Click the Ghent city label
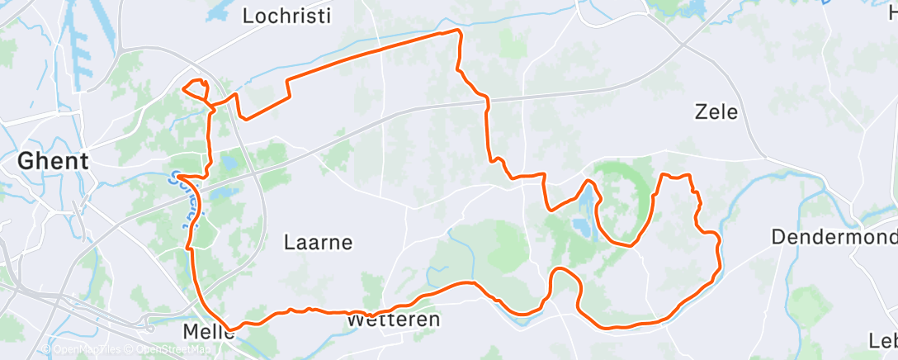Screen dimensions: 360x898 pyautogui.click(x=54, y=160)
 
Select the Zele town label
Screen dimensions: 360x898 pyautogui.click(x=716, y=112)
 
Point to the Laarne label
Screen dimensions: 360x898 pyautogui.click(x=318, y=243)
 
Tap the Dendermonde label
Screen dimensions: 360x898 pyautogui.click(x=834, y=237)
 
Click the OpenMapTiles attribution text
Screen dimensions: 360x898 pyautogui.click(x=83, y=350)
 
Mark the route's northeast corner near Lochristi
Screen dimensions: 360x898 pyautogui.click(x=456, y=32)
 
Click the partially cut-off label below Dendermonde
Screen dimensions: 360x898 pyautogui.click(x=883, y=340)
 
